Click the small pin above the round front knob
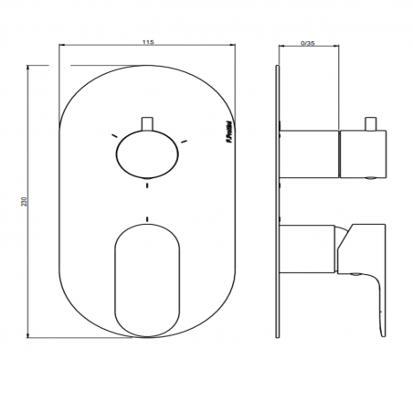(145, 124)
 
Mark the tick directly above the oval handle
(145, 219)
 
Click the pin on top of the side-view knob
(372, 123)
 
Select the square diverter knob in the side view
(363, 153)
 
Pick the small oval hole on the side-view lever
(357, 271)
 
